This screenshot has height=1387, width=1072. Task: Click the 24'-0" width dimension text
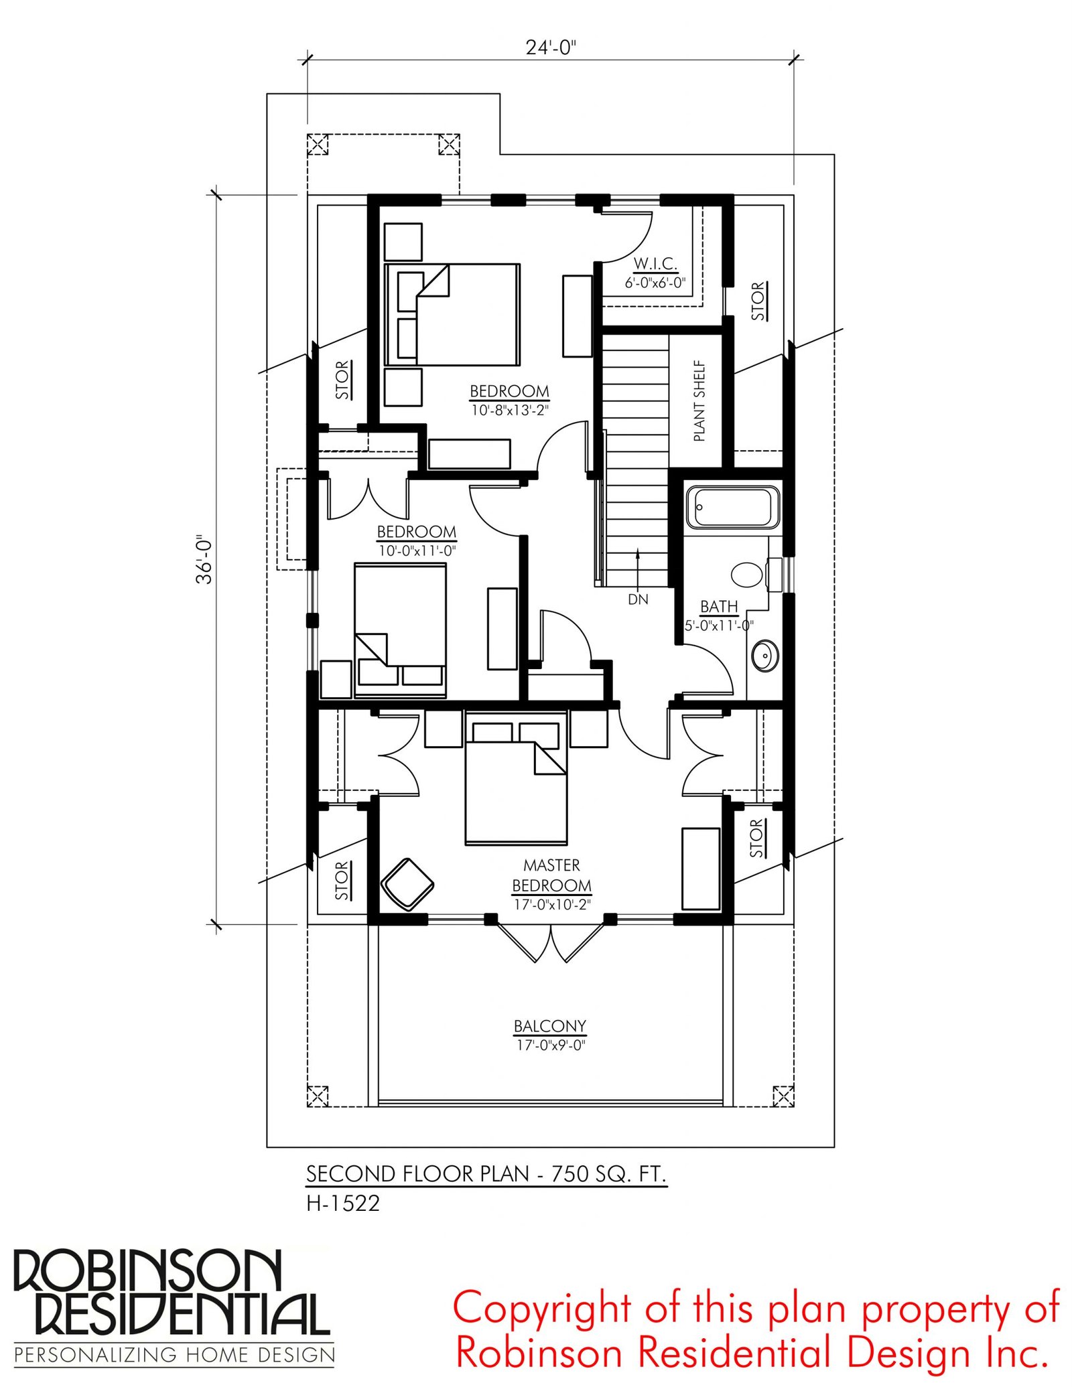pyautogui.click(x=551, y=48)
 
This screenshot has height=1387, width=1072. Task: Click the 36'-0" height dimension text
pyautogui.click(x=204, y=559)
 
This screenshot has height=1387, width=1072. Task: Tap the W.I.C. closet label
pyautogui.click(x=655, y=263)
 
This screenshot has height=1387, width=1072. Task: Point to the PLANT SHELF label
pyautogui.click(x=699, y=400)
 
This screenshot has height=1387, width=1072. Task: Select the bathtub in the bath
pyautogui.click(x=733, y=507)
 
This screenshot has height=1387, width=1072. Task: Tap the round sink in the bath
pyautogui.click(x=764, y=656)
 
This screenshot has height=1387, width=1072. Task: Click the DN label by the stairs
pyautogui.click(x=638, y=599)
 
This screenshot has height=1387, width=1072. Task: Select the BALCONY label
pyautogui.click(x=550, y=1026)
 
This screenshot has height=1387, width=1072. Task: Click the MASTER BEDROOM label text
pyautogui.click(x=551, y=875)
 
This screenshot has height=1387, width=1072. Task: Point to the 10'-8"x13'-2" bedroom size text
pyautogui.click(x=510, y=410)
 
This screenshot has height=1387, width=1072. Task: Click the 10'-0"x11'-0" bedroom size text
pyautogui.click(x=417, y=551)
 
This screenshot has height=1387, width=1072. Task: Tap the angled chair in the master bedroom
pyautogui.click(x=407, y=884)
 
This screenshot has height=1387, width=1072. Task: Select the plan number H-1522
pyautogui.click(x=343, y=1203)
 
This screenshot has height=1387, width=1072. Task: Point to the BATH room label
pyautogui.click(x=719, y=606)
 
